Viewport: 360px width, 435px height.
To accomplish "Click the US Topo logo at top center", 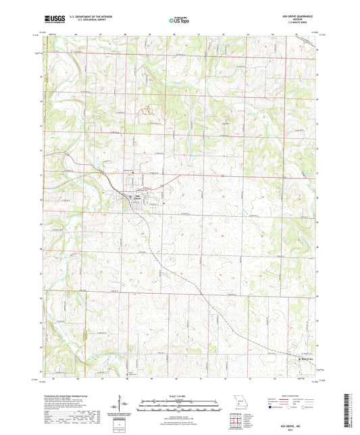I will coord(179,20).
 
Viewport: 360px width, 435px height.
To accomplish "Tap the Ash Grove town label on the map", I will coord(136,197).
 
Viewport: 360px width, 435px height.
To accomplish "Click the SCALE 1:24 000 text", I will coord(179,395).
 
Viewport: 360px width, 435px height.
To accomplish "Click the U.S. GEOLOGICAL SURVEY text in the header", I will coord(80,20).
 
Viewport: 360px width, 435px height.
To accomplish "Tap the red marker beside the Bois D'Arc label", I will coord(300,359).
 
